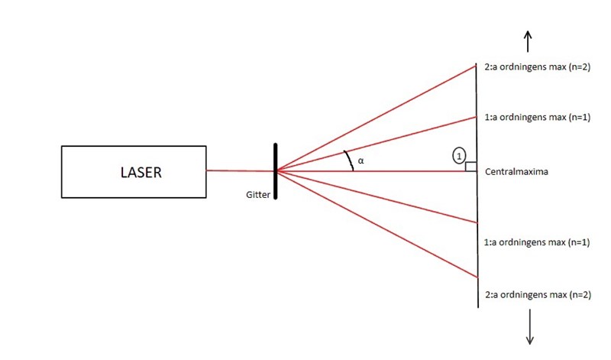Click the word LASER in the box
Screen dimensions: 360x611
tap(141, 172)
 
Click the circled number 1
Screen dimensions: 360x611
tap(459, 155)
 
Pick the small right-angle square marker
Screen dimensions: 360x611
tap(471, 167)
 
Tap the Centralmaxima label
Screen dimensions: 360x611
tap(516, 172)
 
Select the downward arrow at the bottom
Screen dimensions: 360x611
tap(529, 334)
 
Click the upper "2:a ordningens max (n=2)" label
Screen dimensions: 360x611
tap(538, 66)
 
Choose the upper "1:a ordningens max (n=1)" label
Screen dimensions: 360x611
tap(538, 118)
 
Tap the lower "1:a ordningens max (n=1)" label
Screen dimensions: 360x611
tap(538, 242)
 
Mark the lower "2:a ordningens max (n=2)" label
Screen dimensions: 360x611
tap(538, 294)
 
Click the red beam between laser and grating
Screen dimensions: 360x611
tap(240, 171)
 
